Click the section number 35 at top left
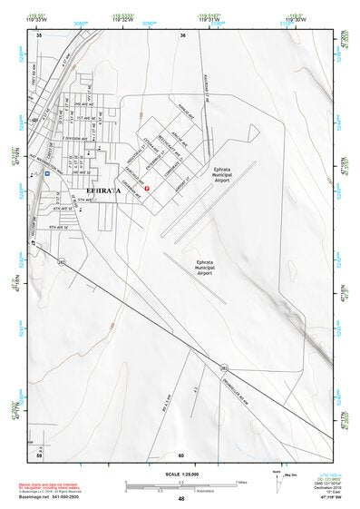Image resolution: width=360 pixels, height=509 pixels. pyautogui.click(x=39, y=36)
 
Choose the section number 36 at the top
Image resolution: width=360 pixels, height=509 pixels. pyautogui.click(x=183, y=36)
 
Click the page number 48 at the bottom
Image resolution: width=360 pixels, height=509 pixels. pyautogui.click(x=181, y=499)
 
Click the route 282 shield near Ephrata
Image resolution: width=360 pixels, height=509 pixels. pyautogui.click(x=62, y=260)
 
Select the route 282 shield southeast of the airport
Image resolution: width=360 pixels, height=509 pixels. pyautogui.click(x=223, y=367)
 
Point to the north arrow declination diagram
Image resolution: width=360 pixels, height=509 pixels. pyautogui.click(x=277, y=478)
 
